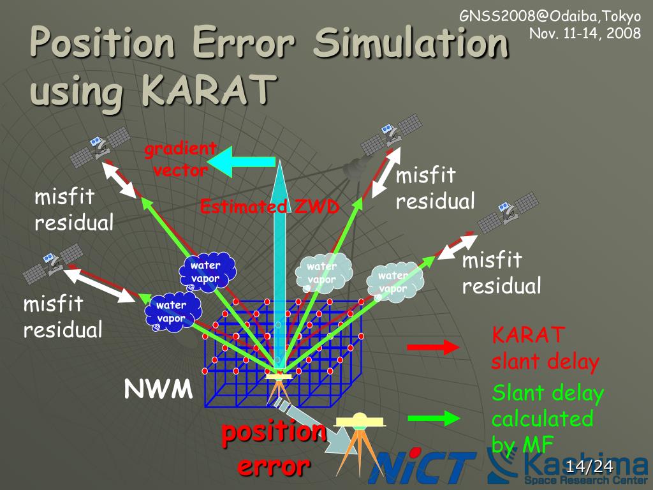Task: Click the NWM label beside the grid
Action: (158, 389)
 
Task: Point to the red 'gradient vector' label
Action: (180, 160)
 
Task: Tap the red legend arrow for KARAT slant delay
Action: (433, 347)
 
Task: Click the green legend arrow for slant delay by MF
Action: (433, 419)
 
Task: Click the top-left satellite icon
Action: (100, 145)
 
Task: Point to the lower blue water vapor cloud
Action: (172, 311)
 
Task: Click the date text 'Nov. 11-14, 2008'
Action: (585, 33)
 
